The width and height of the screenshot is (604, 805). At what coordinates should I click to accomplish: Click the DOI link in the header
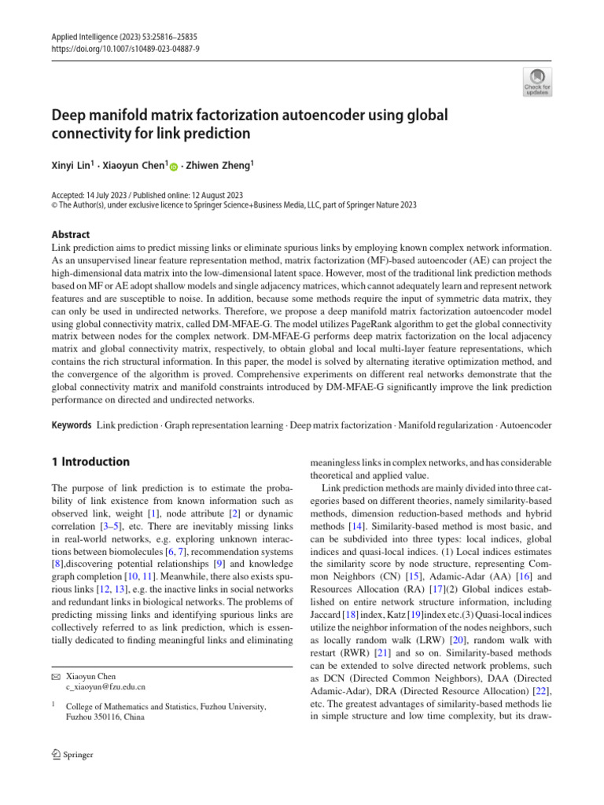[x=112, y=47]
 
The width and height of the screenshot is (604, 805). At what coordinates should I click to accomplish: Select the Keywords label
[x=71, y=425]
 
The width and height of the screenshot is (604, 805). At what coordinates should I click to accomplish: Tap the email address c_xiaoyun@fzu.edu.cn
[x=105, y=686]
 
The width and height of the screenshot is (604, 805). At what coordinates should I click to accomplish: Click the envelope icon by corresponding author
[x=55, y=675]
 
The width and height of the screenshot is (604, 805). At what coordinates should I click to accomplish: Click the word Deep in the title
[x=69, y=116]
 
